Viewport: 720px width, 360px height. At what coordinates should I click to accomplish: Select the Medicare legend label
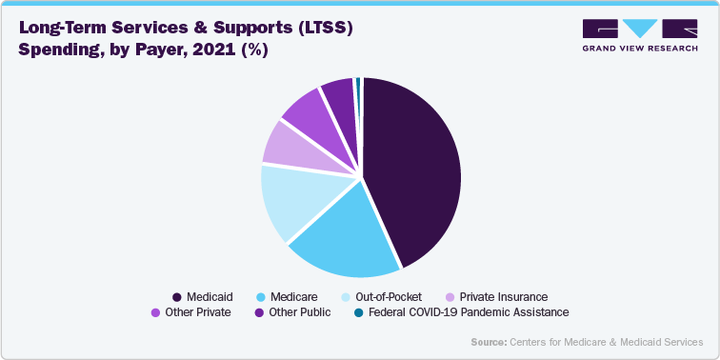pos(295,296)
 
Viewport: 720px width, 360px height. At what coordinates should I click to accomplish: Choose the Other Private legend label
pos(198,311)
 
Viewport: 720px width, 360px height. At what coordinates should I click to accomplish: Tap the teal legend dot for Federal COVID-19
pos(358,311)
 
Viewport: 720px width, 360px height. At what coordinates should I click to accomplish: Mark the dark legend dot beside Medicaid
pos(177,296)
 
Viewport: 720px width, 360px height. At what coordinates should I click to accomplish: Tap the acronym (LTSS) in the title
pos(318,29)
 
